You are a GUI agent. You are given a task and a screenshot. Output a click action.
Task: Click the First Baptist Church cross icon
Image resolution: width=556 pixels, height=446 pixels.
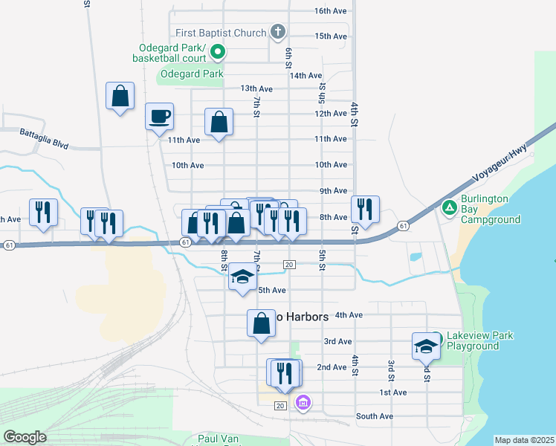(x=277, y=32)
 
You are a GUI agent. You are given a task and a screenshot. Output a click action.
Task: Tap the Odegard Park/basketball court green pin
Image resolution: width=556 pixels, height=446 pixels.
(x=218, y=52)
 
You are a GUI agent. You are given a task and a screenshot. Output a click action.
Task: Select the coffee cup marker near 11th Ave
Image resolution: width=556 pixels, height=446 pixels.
(x=159, y=116)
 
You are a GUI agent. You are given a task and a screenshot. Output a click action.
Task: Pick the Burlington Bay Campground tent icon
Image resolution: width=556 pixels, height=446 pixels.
(x=448, y=206)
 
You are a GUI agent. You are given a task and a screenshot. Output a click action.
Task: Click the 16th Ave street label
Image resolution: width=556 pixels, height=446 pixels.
(x=331, y=11)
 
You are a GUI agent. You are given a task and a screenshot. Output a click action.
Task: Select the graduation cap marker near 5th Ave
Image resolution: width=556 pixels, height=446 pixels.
(x=242, y=277)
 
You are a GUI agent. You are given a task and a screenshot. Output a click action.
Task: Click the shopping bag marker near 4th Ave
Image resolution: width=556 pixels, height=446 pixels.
(x=261, y=323)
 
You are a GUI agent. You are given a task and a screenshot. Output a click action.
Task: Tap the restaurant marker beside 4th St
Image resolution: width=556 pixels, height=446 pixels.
(x=365, y=210)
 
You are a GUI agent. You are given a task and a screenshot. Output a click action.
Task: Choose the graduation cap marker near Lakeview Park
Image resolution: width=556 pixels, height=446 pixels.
(x=427, y=346)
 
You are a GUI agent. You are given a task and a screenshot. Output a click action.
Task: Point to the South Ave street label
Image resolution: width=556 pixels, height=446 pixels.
(x=374, y=416)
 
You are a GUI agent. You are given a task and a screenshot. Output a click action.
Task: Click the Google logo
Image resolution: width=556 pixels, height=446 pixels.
(x=25, y=437)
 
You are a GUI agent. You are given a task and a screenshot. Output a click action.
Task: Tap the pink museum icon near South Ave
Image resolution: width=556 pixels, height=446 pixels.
(x=303, y=404)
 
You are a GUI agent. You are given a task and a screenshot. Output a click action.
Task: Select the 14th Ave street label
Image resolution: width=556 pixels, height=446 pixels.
(x=306, y=75)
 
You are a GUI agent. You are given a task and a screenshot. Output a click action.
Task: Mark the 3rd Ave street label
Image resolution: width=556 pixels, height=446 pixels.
(x=337, y=341)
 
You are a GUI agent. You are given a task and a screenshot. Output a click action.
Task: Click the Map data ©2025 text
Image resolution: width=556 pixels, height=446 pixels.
(x=524, y=440)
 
